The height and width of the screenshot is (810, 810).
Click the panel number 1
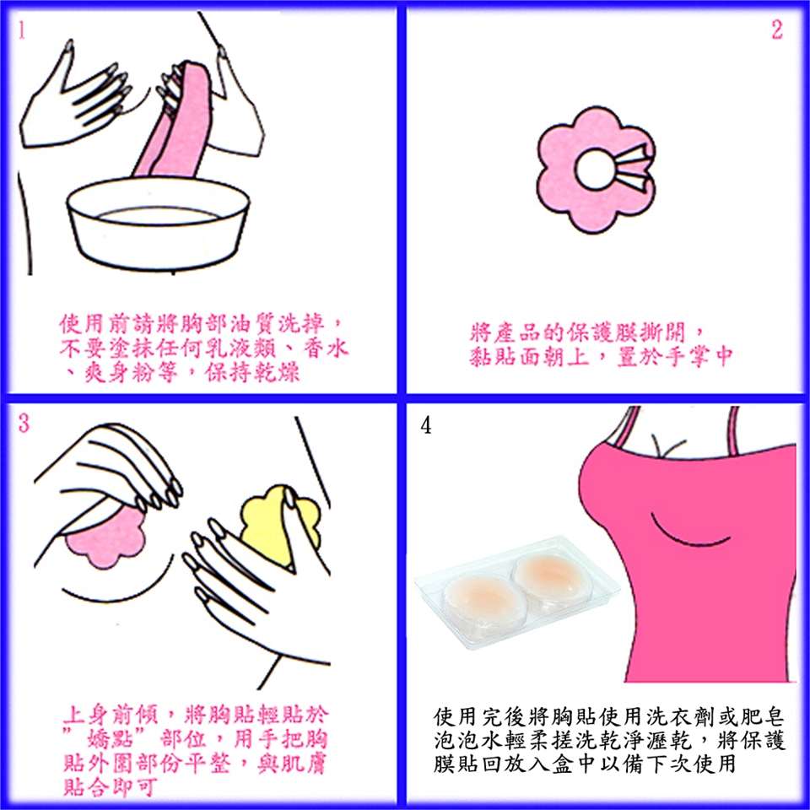coord(21,30)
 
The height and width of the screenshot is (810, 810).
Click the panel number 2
coord(777,30)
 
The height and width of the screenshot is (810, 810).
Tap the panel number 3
coord(24,423)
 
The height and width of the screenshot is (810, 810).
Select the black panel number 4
coord(425,425)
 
